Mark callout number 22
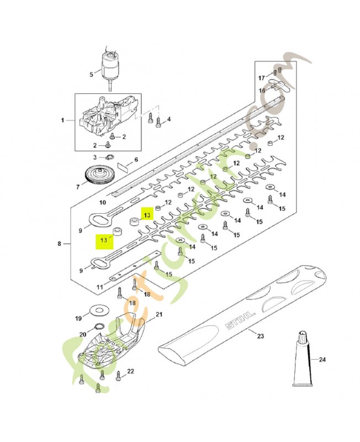point(131,371)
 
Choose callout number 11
point(99,287)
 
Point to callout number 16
point(262,90)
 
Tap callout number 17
point(262,78)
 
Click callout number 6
point(136,159)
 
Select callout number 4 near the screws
point(168,119)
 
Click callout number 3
point(94,157)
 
